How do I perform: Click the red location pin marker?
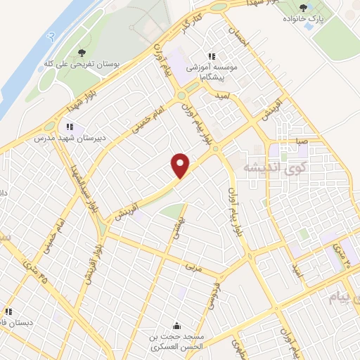click(x=181, y=165)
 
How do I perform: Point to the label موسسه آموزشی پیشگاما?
click(x=211, y=67)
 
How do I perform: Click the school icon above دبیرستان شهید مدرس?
click(x=69, y=127)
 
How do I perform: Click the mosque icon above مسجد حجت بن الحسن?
click(x=175, y=326)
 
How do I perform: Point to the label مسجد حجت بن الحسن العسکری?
click(x=175, y=341)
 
